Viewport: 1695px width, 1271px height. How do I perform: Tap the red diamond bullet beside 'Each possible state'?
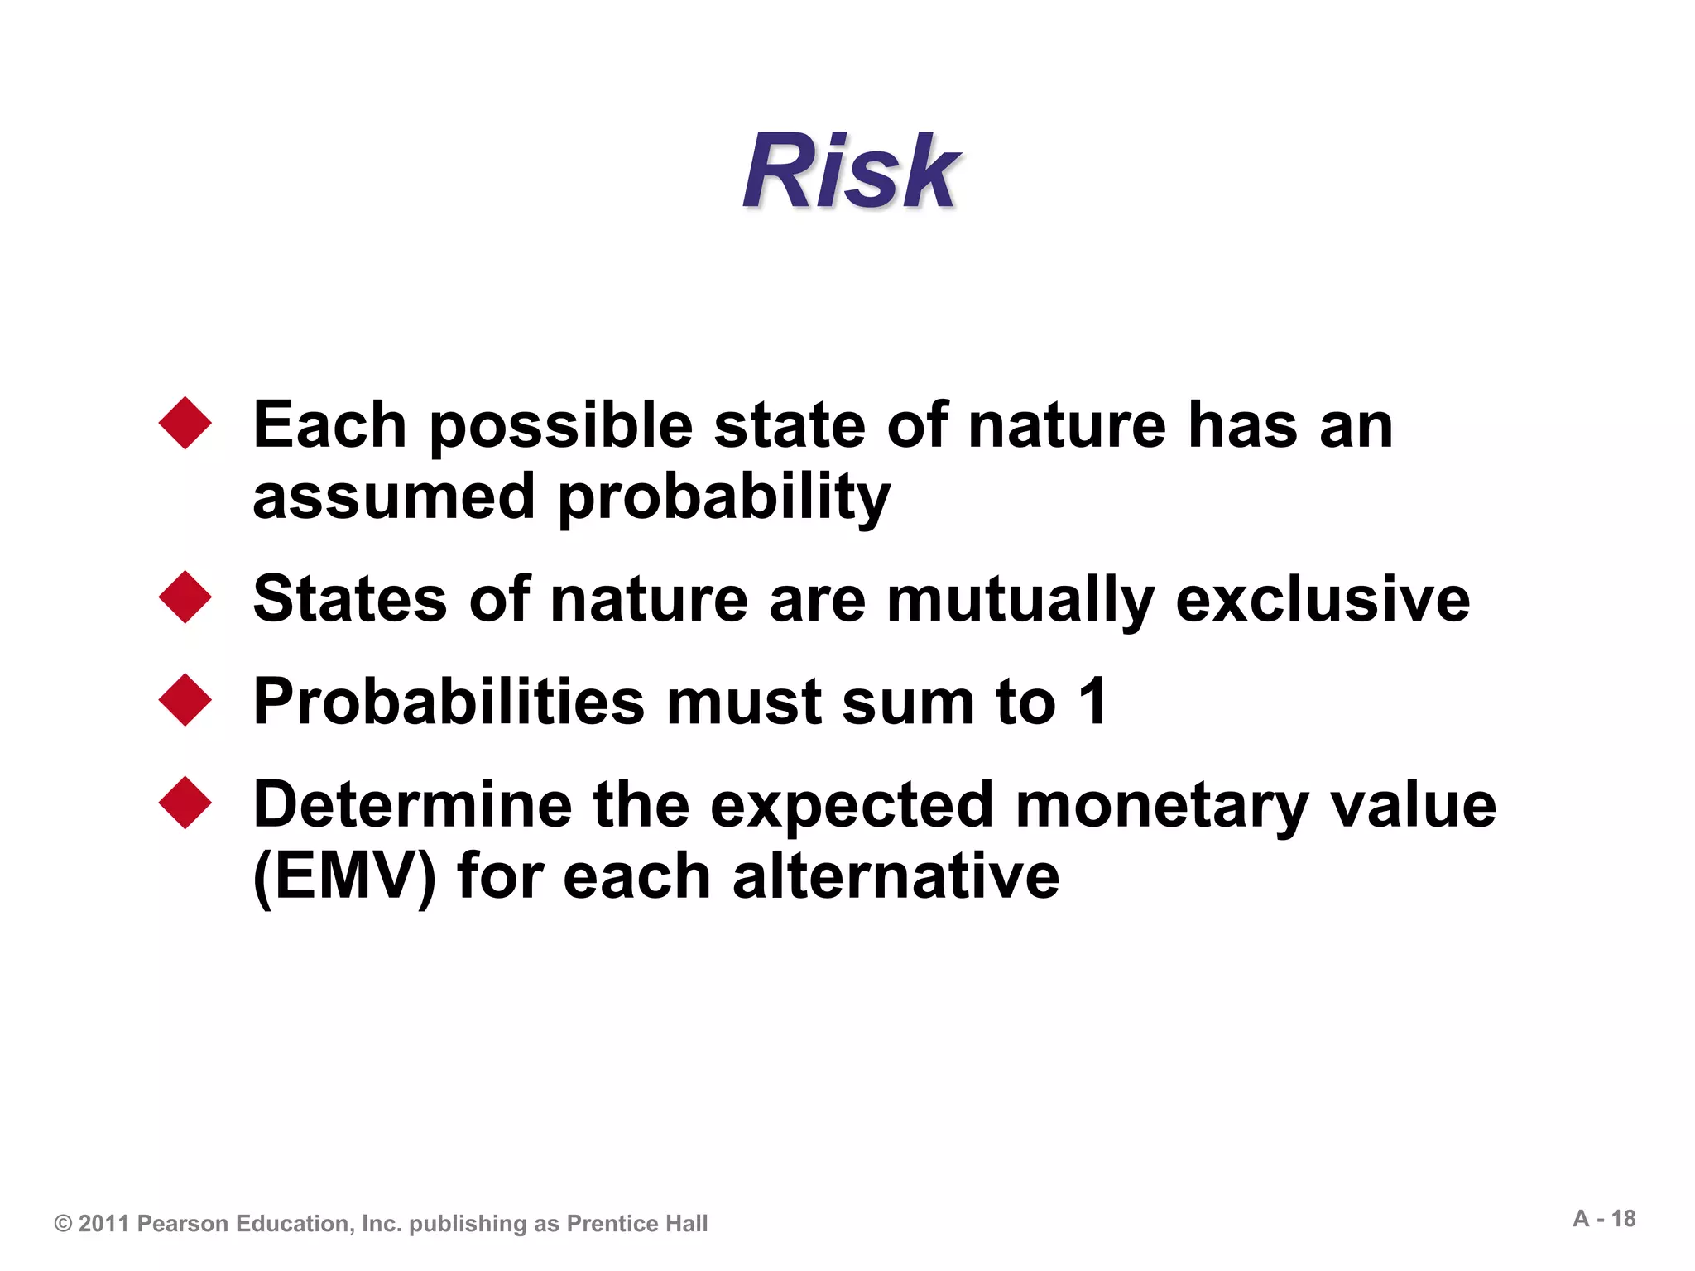185,423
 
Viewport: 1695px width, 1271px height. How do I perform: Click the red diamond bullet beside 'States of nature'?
185,597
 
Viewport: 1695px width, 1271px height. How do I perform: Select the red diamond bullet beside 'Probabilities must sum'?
185,700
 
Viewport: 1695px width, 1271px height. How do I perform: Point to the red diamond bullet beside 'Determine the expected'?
185,803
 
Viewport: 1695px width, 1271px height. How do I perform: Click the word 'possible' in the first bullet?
560,428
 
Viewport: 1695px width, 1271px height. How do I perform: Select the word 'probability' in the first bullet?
724,499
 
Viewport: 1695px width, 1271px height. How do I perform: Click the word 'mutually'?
1020,601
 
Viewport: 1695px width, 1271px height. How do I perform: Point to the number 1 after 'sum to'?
1093,702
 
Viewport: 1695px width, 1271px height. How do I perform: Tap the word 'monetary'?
1162,807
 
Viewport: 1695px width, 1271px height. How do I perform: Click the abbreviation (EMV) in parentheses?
344,877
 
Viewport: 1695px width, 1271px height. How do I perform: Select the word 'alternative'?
896,876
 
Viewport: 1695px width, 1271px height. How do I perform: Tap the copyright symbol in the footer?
63,1224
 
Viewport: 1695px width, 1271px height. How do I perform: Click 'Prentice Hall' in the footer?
636,1224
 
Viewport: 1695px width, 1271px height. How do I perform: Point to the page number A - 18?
1604,1219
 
